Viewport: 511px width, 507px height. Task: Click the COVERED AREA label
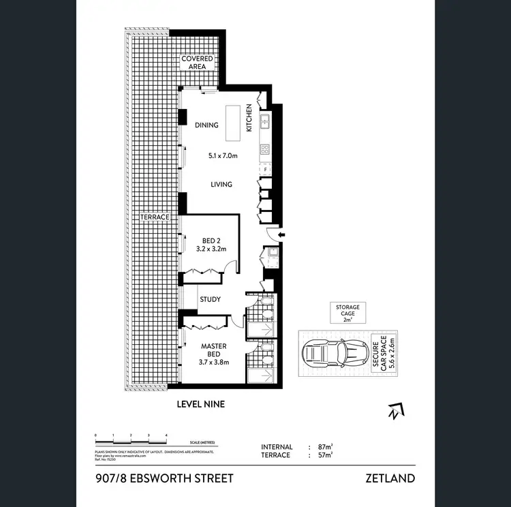click(197, 63)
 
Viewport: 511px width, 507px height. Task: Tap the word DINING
click(206, 125)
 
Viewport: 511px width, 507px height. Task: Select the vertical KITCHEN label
click(250, 118)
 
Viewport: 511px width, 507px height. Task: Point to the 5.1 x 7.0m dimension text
click(223, 155)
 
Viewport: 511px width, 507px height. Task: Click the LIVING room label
click(221, 184)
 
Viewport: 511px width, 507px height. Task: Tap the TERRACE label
click(155, 217)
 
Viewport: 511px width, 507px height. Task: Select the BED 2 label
click(212, 241)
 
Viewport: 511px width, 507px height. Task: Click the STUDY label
click(210, 298)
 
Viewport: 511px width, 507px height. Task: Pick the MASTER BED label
click(213, 350)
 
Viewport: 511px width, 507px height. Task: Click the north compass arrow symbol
click(393, 410)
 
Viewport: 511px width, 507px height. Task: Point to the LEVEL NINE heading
click(200, 404)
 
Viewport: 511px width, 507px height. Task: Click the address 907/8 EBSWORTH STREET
click(165, 478)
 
